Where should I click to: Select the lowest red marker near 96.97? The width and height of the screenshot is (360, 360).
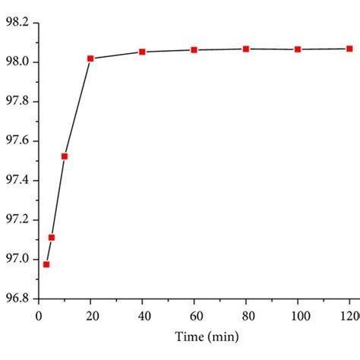point(46,264)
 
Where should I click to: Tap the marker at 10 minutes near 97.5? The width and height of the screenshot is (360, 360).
point(65,156)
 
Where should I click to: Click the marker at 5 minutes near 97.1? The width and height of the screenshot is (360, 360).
point(52,238)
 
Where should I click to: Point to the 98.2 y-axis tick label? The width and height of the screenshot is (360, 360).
point(17,23)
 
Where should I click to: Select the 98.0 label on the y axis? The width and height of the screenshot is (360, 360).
point(17,62)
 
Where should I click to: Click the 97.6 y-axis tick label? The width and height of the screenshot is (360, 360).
point(17,141)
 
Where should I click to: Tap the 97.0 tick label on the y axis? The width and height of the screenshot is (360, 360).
point(17,260)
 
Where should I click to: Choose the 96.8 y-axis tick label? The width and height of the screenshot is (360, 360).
point(17,299)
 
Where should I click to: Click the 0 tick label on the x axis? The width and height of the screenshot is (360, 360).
point(39,313)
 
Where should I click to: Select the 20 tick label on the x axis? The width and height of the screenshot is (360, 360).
point(90,313)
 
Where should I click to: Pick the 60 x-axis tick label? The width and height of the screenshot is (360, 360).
point(194,313)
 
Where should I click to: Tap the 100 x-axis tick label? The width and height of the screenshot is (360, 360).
point(298,313)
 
